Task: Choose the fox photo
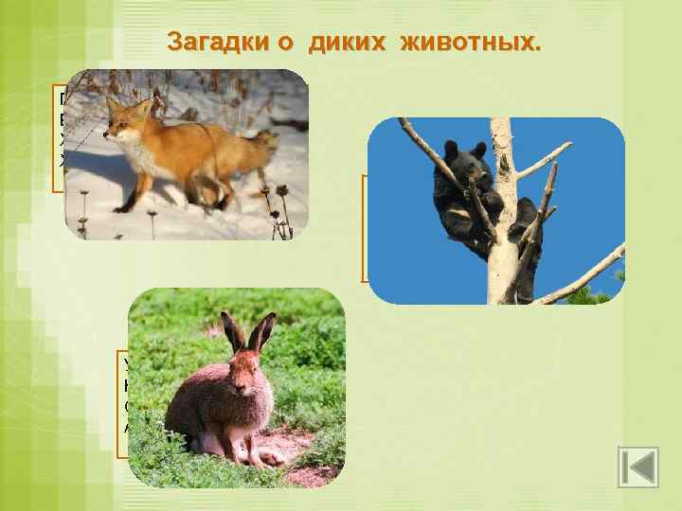tap(187, 153)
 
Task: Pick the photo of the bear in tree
tap(495, 210)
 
